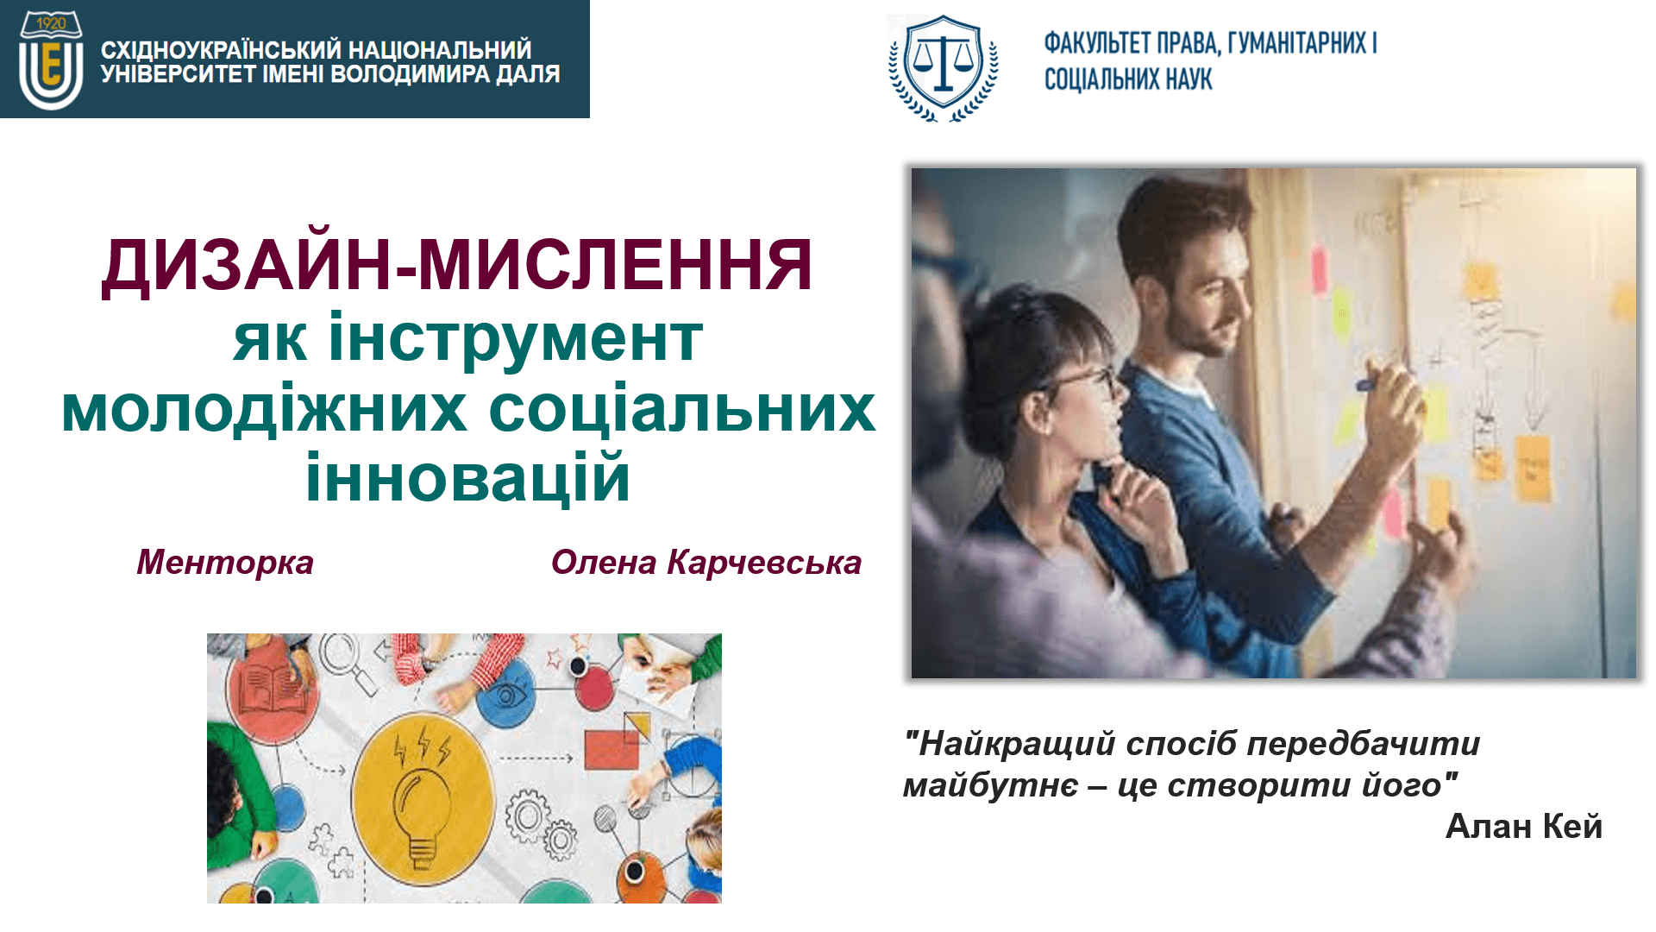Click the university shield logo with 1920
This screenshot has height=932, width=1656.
[51, 60]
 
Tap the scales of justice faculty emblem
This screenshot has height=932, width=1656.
[944, 68]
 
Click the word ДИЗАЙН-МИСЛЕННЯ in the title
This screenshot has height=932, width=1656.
[457, 265]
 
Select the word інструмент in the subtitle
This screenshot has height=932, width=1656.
[515, 338]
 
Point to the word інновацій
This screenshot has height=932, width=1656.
[467, 477]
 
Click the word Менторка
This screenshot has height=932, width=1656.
[225, 563]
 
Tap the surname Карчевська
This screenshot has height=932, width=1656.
[764, 563]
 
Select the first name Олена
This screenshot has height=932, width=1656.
[604, 563]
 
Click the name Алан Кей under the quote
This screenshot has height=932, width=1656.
[1523, 827]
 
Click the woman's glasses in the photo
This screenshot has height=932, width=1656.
[1082, 380]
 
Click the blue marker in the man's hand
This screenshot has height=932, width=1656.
[1373, 383]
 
